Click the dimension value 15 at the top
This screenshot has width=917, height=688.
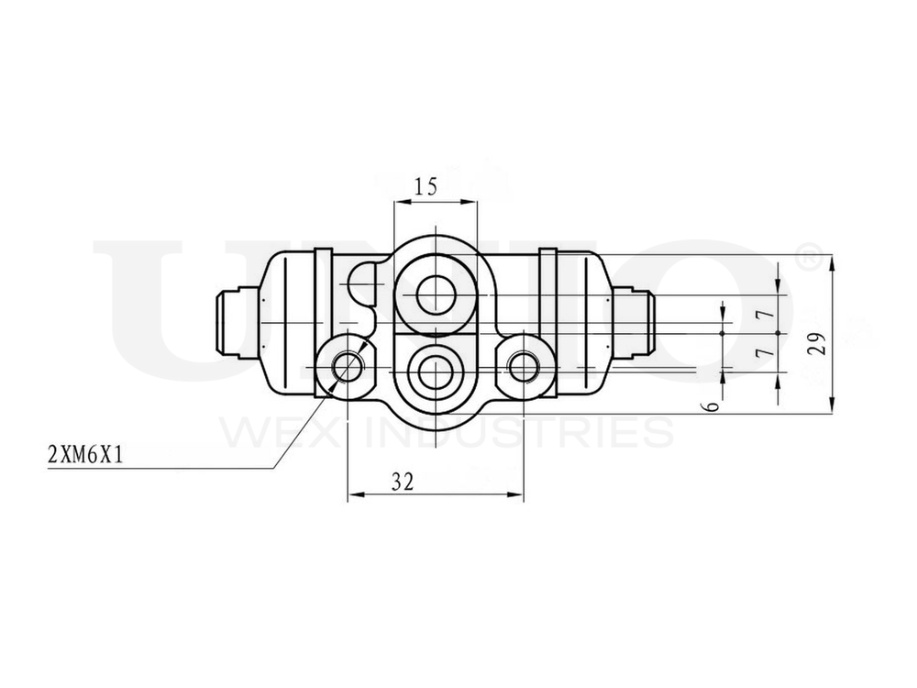(425, 187)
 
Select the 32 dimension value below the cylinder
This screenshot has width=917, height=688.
(402, 482)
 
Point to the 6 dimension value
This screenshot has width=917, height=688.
(713, 405)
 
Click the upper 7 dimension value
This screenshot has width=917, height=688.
(760, 315)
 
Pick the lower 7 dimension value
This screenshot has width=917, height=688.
(760, 353)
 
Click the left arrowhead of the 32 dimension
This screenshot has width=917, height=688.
(354, 496)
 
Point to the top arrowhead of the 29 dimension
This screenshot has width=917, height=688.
(831, 261)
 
